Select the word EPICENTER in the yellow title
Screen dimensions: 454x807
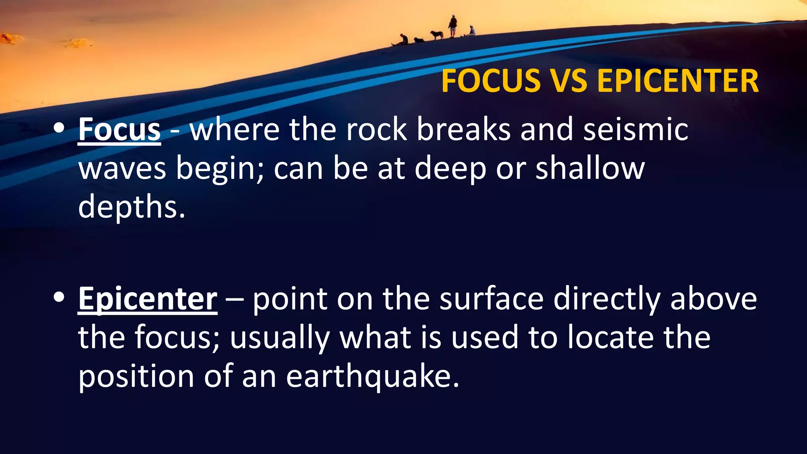click(678, 81)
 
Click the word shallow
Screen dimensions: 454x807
click(590, 168)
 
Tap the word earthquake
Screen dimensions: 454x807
click(372, 376)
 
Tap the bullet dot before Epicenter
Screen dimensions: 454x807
click(59, 297)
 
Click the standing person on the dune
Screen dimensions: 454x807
click(453, 26)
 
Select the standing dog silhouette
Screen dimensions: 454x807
click(436, 35)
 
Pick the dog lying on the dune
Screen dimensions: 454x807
click(418, 40)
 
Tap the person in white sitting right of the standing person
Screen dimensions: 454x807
click(471, 31)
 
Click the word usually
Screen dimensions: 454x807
click(280, 338)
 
